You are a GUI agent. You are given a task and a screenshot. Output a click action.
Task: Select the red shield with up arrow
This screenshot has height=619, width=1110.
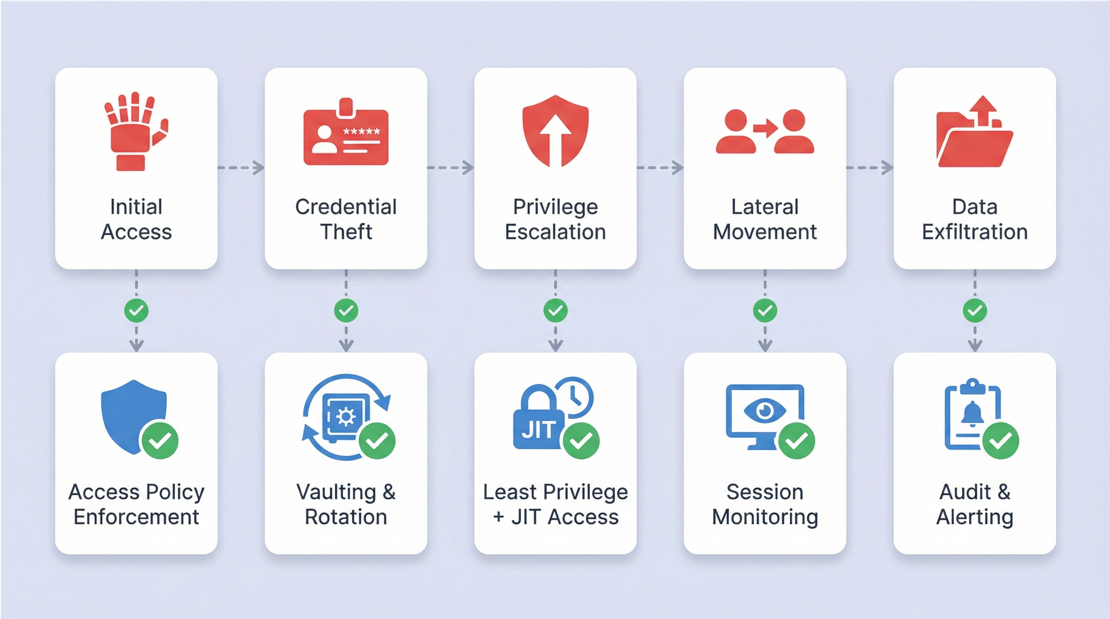pyautogui.click(x=555, y=131)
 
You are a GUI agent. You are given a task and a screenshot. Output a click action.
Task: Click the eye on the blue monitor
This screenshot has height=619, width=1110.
pyautogui.click(x=765, y=410)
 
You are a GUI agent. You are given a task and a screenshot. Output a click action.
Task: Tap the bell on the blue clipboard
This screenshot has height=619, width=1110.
pyautogui.click(x=972, y=414)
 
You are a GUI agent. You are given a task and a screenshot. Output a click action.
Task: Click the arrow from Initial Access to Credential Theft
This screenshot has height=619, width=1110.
pyautogui.click(x=241, y=167)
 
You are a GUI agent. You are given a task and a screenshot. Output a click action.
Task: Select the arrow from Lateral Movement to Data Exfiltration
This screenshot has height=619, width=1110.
pyautogui.click(x=870, y=167)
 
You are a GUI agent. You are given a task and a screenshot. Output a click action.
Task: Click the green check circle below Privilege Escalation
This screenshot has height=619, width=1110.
pyautogui.click(x=556, y=311)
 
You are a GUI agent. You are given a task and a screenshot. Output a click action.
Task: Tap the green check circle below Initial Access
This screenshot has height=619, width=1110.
pyautogui.click(x=137, y=311)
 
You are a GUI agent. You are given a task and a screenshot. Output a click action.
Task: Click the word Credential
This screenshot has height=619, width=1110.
pyautogui.click(x=346, y=207)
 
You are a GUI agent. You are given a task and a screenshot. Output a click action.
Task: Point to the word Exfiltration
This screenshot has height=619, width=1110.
pyautogui.click(x=975, y=232)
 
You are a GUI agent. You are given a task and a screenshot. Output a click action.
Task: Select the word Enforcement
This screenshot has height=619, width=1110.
pyautogui.click(x=137, y=517)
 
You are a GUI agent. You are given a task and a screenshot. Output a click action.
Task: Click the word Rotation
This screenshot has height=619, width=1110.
pyautogui.click(x=346, y=517)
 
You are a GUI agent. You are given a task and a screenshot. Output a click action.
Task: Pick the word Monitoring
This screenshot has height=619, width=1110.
pyautogui.click(x=765, y=517)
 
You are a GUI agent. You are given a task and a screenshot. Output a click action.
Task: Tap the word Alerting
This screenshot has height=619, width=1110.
pyautogui.click(x=975, y=517)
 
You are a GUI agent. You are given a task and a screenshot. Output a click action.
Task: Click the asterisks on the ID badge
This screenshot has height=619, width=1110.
pyautogui.click(x=361, y=131)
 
